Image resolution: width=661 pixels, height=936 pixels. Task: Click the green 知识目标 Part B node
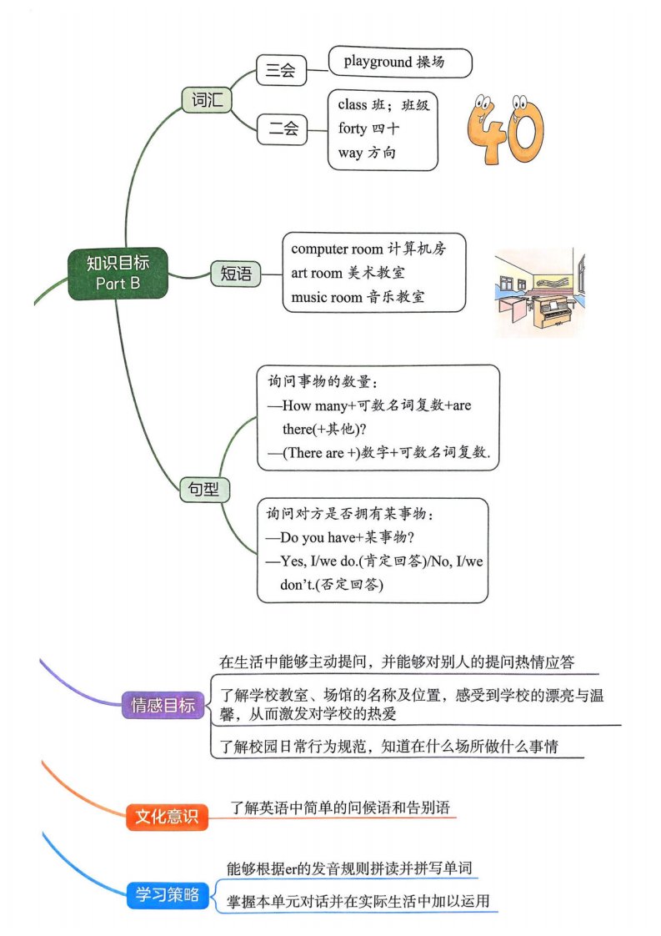[x=118, y=274]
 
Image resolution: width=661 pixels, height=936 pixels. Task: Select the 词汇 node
[x=207, y=99]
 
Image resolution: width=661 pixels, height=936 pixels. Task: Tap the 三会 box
[x=281, y=70]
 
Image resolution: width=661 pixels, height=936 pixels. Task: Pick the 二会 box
[x=283, y=129]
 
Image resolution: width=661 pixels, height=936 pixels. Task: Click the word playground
[x=378, y=62]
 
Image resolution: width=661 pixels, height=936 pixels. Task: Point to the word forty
[x=353, y=128]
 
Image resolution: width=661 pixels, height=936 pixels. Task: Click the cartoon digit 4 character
[x=484, y=129]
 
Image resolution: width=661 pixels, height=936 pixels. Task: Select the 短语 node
[x=236, y=274]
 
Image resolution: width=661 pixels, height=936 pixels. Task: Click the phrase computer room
[x=337, y=249]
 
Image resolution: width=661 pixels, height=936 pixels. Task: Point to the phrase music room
[x=327, y=297]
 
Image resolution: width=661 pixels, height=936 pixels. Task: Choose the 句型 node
[x=204, y=489]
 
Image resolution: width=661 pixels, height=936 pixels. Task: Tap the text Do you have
[x=318, y=537]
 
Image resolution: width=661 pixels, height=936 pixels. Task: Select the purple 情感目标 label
[x=163, y=705]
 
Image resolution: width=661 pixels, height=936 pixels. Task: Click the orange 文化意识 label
[x=167, y=816]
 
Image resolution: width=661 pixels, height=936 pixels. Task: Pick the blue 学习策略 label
[x=168, y=894]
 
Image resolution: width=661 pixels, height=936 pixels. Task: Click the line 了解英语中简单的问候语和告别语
[x=340, y=808]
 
